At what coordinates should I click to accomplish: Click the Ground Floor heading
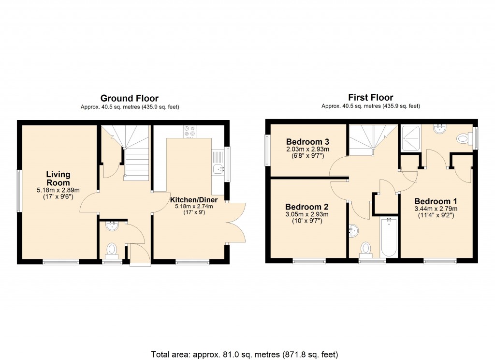[129, 98]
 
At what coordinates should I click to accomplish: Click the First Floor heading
[371, 97]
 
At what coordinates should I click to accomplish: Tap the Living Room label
[58, 178]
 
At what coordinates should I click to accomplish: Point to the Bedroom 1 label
[436, 201]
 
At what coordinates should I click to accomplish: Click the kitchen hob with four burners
[189, 131]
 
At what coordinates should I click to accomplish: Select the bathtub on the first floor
[389, 238]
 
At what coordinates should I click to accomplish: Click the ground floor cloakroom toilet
[112, 249]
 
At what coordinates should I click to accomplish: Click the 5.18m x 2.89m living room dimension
[58, 190]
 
